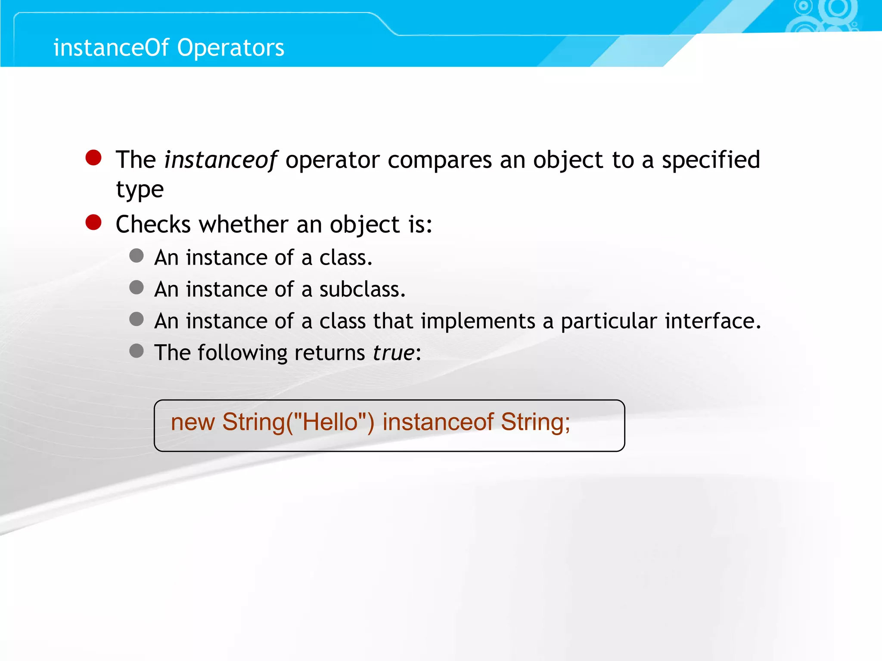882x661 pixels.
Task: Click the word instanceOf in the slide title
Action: pyautogui.click(x=111, y=47)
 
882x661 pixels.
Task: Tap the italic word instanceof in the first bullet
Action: pyautogui.click(x=220, y=160)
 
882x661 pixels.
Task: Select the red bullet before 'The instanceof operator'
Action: pyautogui.click(x=93, y=158)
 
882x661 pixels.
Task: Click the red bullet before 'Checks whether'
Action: pyautogui.click(x=93, y=222)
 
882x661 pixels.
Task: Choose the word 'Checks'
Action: pyautogui.click(x=153, y=225)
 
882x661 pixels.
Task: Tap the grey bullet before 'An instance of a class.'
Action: pyautogui.click(x=137, y=256)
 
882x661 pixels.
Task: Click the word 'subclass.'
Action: pyautogui.click(x=362, y=289)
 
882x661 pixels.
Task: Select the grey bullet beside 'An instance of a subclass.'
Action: pyautogui.click(x=137, y=287)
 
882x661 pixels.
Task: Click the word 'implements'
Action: pyautogui.click(x=478, y=321)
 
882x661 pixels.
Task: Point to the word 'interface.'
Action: pyautogui.click(x=713, y=321)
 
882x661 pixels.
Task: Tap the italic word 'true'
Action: pyautogui.click(x=393, y=353)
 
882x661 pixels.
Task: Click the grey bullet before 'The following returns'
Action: pyautogui.click(x=137, y=351)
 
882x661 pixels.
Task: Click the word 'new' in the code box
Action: pyautogui.click(x=193, y=422)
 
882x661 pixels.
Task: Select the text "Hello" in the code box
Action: pyautogui.click(x=330, y=422)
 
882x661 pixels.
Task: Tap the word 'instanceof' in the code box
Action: pyautogui.click(x=438, y=422)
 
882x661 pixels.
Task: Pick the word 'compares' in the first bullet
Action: pyautogui.click(x=439, y=160)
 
